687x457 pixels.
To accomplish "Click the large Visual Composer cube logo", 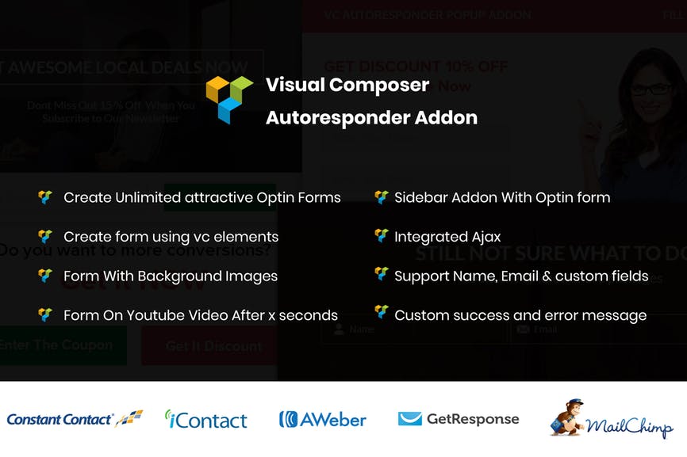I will point(229,99).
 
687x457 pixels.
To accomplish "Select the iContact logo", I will point(205,420).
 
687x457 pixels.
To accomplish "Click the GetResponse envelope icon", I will point(410,419).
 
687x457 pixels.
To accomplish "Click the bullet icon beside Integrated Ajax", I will point(382,236).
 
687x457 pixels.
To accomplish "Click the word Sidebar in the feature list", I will point(421,197).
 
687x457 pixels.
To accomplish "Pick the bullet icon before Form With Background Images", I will point(45,276).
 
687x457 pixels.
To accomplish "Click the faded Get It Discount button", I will point(213,346).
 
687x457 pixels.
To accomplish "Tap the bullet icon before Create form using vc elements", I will point(45,236).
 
